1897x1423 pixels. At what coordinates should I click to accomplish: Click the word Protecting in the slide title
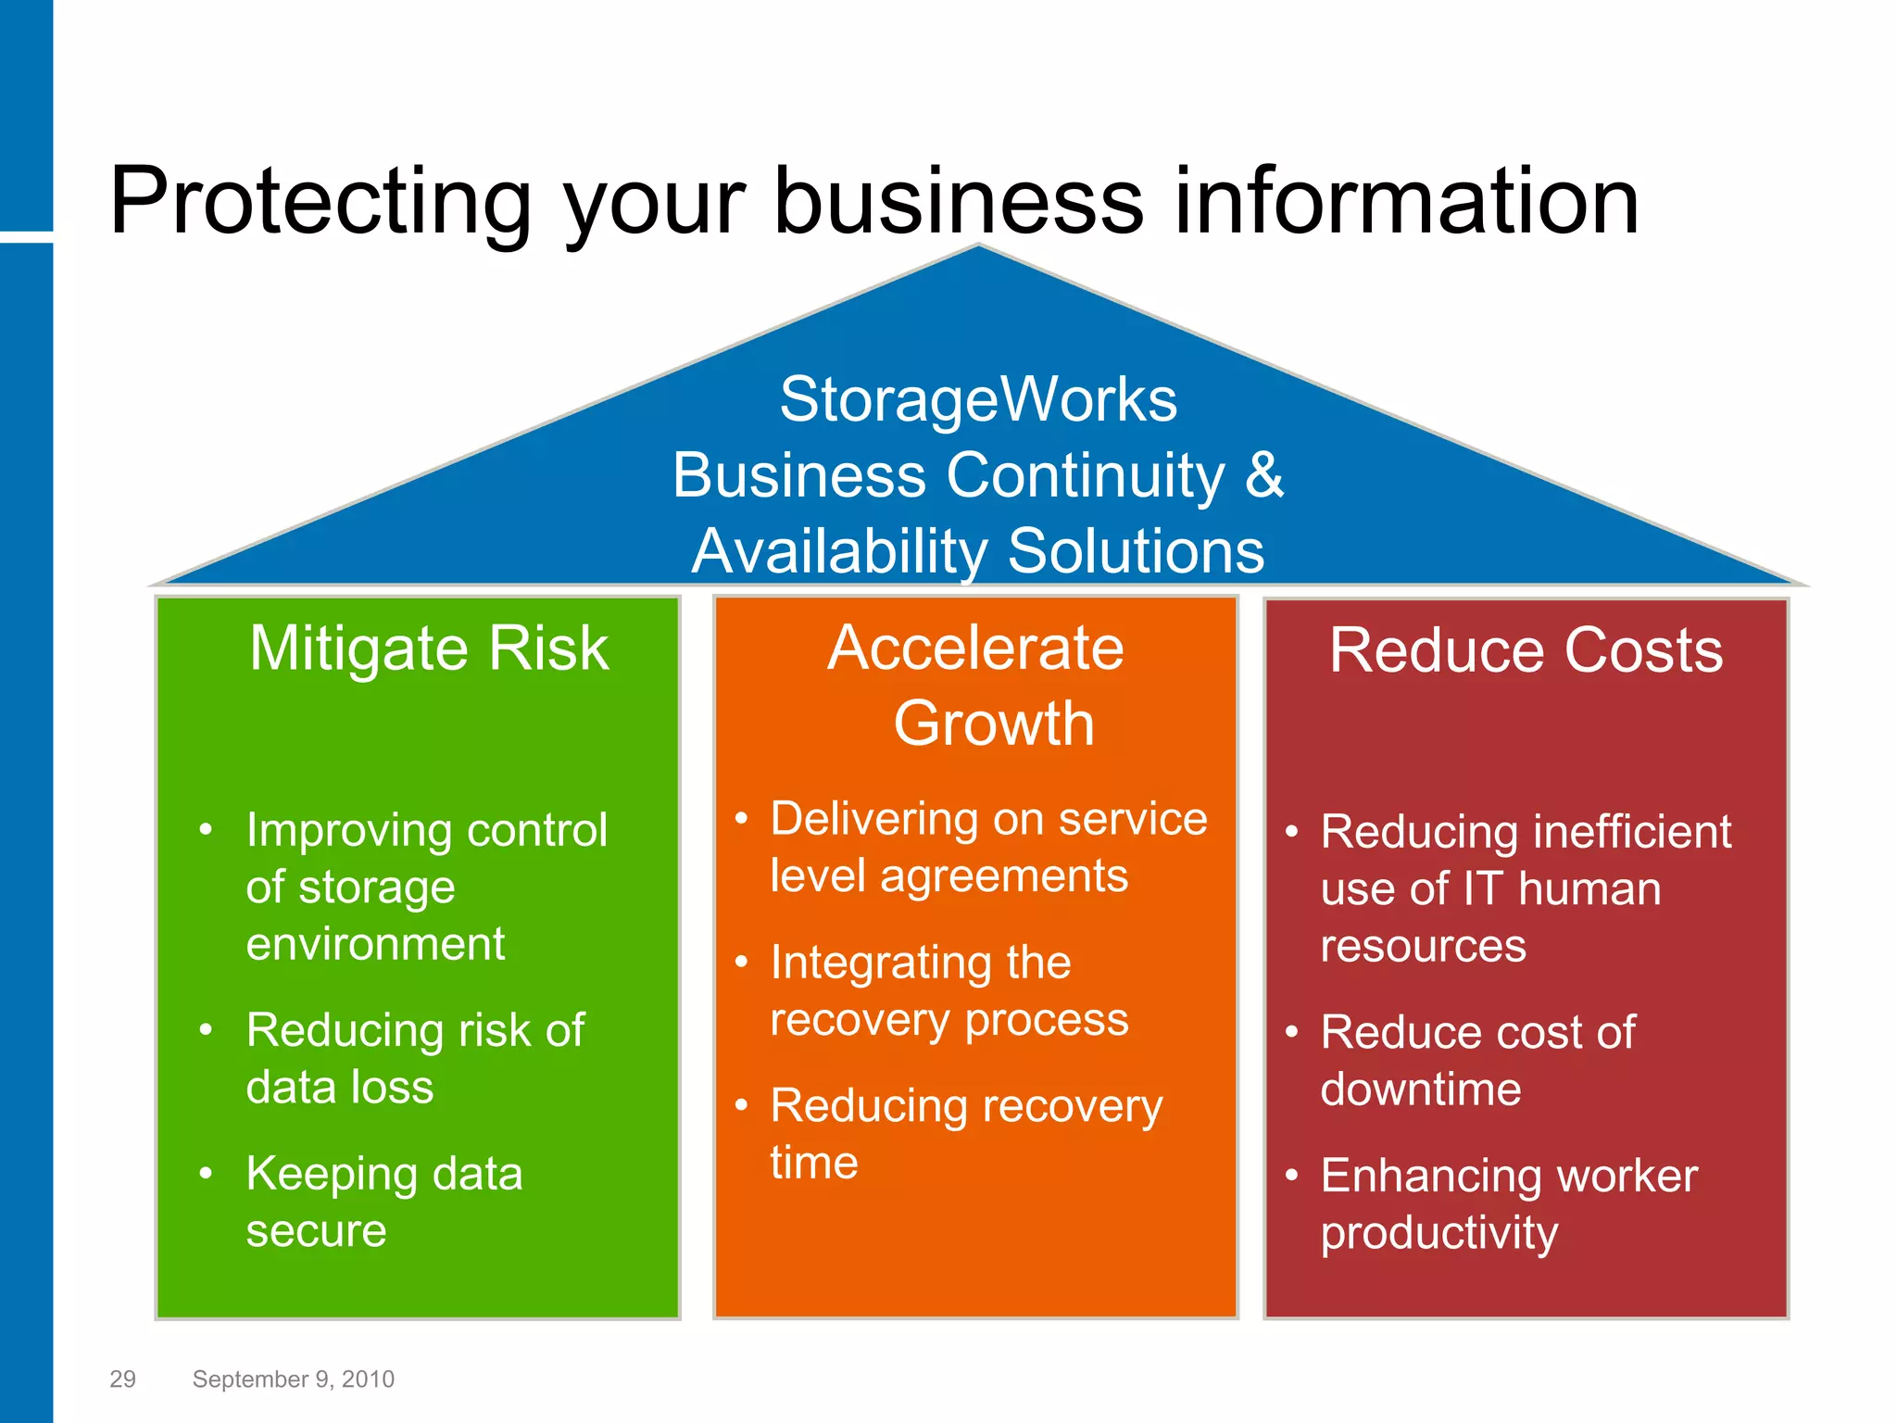tap(320, 202)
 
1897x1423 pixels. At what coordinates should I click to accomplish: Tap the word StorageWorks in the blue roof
tap(978, 400)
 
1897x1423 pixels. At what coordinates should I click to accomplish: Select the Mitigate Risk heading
tap(429, 648)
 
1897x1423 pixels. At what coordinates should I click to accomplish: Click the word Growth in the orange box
tap(994, 724)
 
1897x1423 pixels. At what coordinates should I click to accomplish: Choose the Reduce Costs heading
tap(1526, 649)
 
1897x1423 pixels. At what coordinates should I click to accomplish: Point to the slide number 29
tap(122, 1379)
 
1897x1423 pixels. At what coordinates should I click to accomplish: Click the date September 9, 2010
tap(293, 1379)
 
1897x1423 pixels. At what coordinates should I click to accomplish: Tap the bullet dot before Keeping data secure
tap(206, 1174)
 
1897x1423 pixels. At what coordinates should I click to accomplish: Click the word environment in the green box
tap(375, 944)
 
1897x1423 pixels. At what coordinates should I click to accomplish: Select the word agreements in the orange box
tap(1004, 876)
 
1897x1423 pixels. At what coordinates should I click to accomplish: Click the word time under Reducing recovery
tap(813, 1163)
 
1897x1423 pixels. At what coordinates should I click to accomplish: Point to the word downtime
tap(1420, 1089)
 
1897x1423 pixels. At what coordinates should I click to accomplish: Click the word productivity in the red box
tap(1439, 1233)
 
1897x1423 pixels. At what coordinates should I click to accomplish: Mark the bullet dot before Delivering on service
tap(741, 818)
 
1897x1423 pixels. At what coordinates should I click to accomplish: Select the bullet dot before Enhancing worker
tap(1291, 1175)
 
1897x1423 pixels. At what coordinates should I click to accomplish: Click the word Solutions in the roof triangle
tap(1135, 551)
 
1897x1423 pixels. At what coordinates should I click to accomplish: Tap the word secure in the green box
tap(316, 1231)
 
